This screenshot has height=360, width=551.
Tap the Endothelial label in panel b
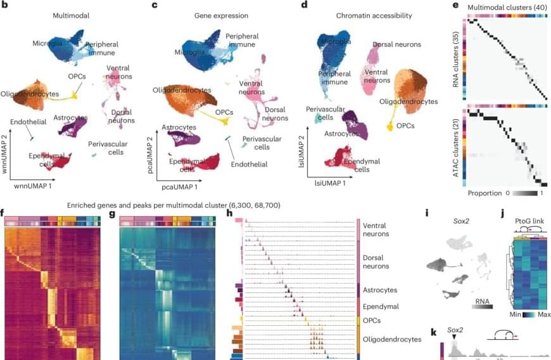coord(27,122)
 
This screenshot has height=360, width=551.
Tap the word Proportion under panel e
coord(484,191)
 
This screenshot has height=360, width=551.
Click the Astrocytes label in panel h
coord(380,290)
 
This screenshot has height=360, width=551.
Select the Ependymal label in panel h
coord(380,306)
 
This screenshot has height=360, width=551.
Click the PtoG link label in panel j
coord(522,214)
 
